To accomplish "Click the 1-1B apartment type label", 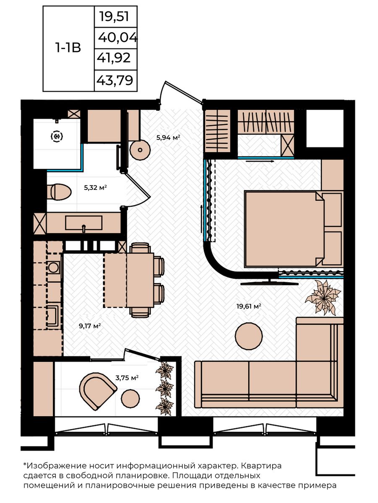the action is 68,48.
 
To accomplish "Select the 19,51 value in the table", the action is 114,17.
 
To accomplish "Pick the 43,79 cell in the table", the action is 115,80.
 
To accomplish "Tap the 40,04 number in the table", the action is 117,38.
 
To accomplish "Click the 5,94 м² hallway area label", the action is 168,137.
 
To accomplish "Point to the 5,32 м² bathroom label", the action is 95,188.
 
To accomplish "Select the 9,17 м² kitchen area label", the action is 90,326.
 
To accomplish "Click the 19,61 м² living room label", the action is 249,306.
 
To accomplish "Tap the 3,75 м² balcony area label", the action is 127,377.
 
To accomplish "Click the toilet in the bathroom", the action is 59,192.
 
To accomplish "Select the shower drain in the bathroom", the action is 57,137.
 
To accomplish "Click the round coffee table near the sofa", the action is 249,336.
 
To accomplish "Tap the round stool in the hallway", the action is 140,150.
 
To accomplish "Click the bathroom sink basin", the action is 84,223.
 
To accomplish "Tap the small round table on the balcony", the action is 130,399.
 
